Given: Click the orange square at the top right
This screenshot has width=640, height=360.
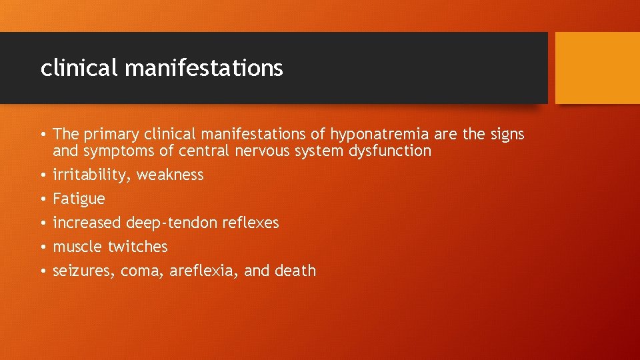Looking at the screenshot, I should [x=597, y=68].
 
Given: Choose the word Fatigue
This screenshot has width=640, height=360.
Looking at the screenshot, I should [x=79, y=199].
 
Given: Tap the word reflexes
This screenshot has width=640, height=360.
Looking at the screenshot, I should [x=246, y=223].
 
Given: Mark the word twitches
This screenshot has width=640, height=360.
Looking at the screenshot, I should [x=137, y=247].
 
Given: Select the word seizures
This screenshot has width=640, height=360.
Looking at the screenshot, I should [x=83, y=271].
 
